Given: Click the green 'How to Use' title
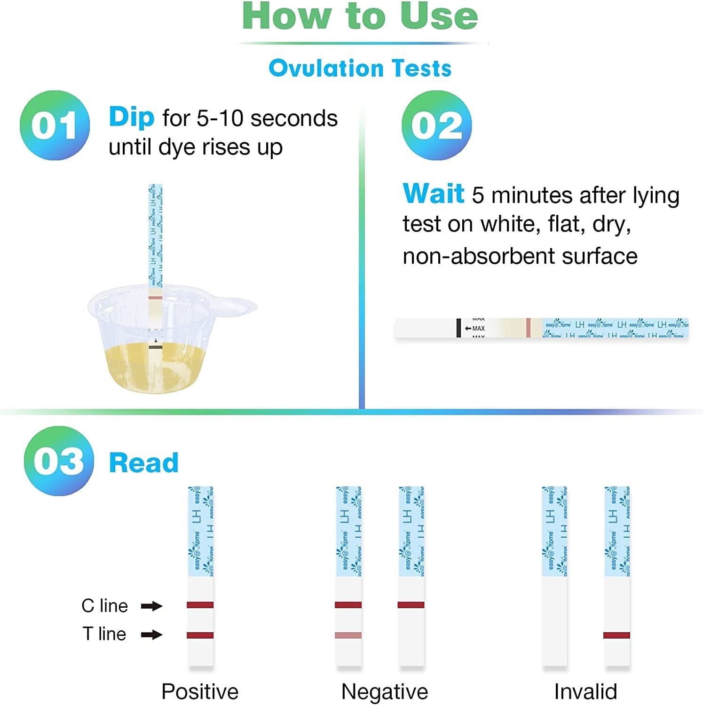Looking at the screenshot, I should [360, 16].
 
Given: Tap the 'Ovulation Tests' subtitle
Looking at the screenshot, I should [360, 68].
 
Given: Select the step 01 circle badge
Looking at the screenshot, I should [55, 125].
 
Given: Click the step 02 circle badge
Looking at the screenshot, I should [436, 125].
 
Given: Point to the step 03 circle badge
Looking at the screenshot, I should [59, 461].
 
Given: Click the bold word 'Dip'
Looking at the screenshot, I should [131, 117].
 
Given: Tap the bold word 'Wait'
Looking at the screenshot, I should [433, 194].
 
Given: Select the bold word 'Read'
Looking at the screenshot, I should [143, 463].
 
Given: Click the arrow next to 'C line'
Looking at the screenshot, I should [151, 606].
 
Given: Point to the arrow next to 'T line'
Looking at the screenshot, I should [151, 635].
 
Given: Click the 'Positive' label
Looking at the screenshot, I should [200, 691].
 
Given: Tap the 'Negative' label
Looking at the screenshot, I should [384, 691].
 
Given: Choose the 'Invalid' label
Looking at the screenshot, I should [585, 691].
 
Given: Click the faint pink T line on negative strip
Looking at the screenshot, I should [348, 635].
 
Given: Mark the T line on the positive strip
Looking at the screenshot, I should [200, 635].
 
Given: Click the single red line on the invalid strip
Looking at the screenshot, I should [616, 635].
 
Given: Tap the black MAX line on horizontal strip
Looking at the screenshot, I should [458, 328].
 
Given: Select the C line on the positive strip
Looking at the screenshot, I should [200, 605].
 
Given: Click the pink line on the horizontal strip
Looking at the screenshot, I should [528, 328].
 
